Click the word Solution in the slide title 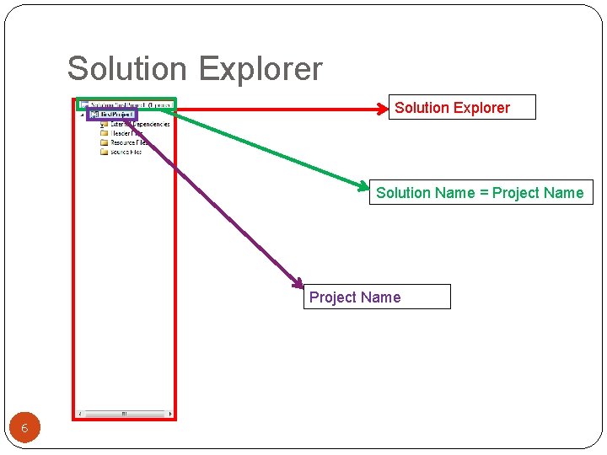[118, 69]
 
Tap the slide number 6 [24, 429]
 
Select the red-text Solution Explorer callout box [461, 108]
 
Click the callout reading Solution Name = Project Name [480, 193]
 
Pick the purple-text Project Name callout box [377, 297]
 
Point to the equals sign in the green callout [484, 193]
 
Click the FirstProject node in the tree [116, 115]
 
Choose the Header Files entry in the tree [126, 133]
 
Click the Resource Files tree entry [129, 142]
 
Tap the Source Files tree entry [126, 152]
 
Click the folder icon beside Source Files [105, 152]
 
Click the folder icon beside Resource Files [105, 142]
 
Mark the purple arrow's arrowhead [298, 284]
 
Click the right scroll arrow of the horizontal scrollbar [170, 414]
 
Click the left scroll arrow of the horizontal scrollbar [80, 414]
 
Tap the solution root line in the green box [126, 105]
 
